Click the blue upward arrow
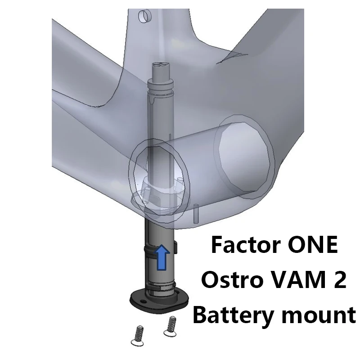point(163,257)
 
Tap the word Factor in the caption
point(244,245)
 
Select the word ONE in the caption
point(313,245)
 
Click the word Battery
point(234,316)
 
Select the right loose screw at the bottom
point(171,326)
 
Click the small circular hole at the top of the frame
point(144,16)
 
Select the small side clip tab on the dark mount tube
point(175,247)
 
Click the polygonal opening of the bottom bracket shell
point(244,157)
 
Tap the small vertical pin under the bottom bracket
point(196,213)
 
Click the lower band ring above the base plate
point(160,286)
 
